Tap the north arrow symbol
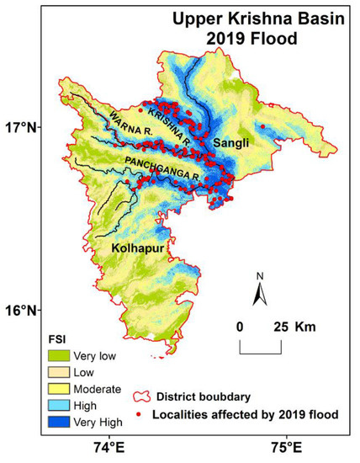coord(260,290)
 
